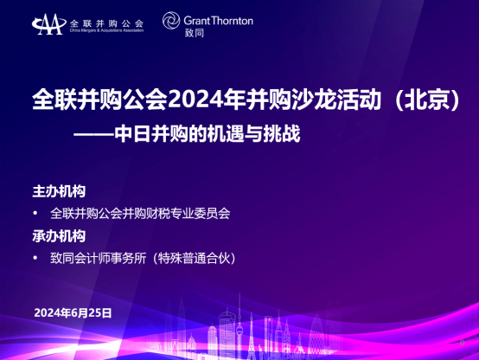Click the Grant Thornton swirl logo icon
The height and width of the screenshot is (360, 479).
pos(171,21)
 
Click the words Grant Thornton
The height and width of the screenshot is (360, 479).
pos(219,21)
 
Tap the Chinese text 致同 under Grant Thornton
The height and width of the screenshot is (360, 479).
pos(195,33)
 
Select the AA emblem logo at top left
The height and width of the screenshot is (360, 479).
pos(49,24)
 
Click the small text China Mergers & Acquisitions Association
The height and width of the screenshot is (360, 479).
pos(106,30)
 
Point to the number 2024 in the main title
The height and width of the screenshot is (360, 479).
pos(195,100)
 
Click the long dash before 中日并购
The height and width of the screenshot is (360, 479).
pos(93,134)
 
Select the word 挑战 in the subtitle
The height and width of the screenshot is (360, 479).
pos(282,133)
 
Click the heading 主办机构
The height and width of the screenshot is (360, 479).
pos(59,191)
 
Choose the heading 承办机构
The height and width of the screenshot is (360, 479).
pos(59,236)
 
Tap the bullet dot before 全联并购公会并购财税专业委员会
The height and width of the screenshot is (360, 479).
pos(35,214)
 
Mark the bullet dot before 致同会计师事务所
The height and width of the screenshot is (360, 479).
pos(35,259)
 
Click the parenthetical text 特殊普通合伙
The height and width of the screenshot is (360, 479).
pos(194,259)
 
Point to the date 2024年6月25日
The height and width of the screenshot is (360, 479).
pos(73,313)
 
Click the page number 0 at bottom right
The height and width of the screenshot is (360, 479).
pos(462,343)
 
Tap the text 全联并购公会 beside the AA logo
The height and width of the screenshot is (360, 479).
pos(106,23)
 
